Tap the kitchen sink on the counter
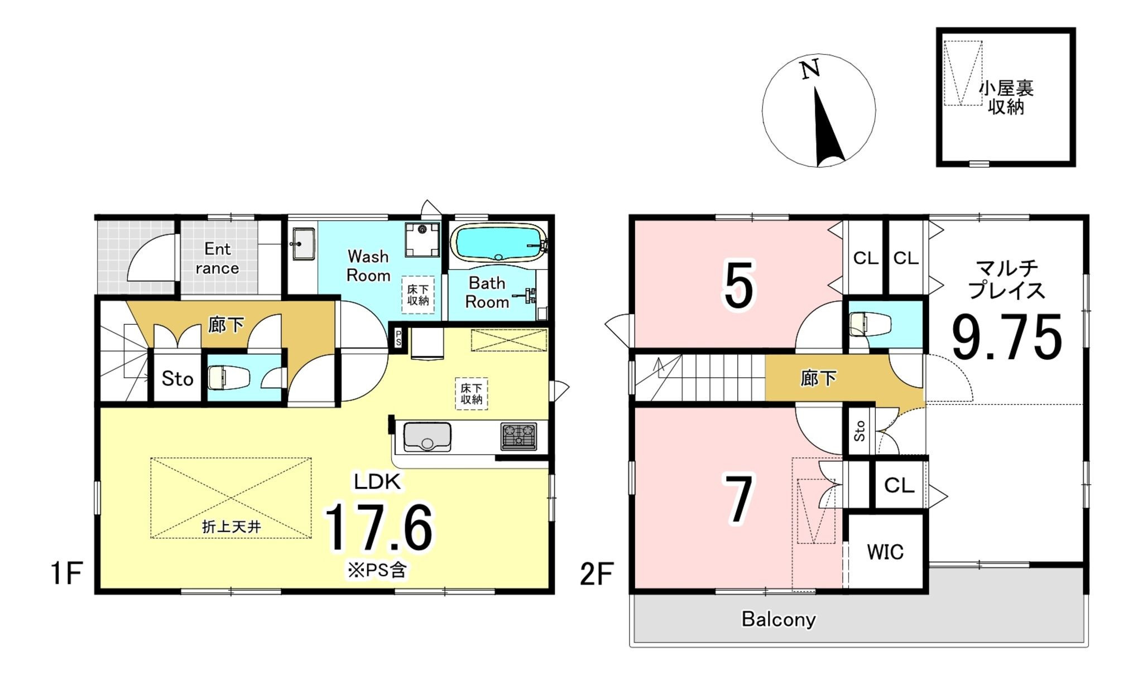(x=427, y=437)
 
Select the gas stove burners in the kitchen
(x=518, y=436)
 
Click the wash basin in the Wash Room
(x=303, y=243)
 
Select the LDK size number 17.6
(x=378, y=528)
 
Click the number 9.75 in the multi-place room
(x=1006, y=337)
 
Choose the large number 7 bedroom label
(x=738, y=499)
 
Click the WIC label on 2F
(x=885, y=552)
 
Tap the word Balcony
(x=779, y=619)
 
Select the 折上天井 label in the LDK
(x=231, y=527)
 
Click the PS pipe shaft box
(x=398, y=338)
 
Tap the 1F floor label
(x=67, y=573)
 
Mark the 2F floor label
(x=597, y=574)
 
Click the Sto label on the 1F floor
(x=177, y=379)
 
